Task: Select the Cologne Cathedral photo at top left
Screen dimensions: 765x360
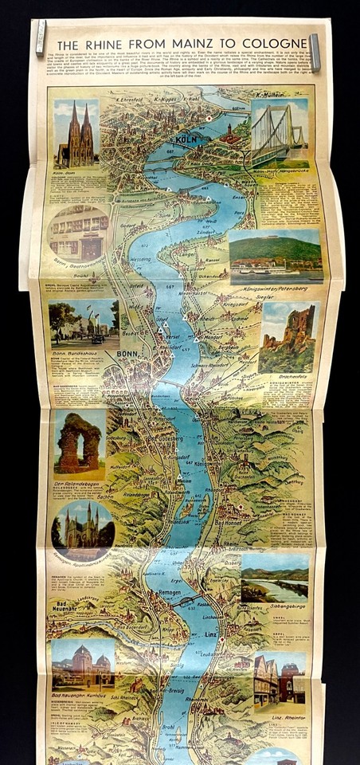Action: pyautogui.click(x=77, y=133)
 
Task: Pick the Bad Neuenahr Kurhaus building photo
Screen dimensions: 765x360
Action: pyautogui.click(x=83, y=666)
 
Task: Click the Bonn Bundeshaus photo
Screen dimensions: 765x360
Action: pyautogui.click(x=84, y=325)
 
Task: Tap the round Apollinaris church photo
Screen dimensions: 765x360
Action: pyautogui.click(x=82, y=526)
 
